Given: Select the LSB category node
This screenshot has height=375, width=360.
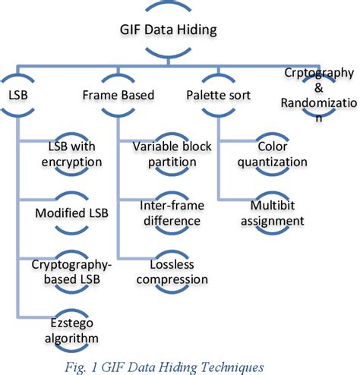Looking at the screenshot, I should [x=20, y=96].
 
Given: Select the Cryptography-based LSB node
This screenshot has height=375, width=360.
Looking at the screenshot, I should [x=71, y=271].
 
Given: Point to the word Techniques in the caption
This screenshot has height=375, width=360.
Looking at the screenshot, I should [x=229, y=366].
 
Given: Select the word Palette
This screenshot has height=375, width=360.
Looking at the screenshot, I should [x=205, y=96].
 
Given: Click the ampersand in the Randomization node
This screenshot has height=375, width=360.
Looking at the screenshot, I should [x=319, y=87].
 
